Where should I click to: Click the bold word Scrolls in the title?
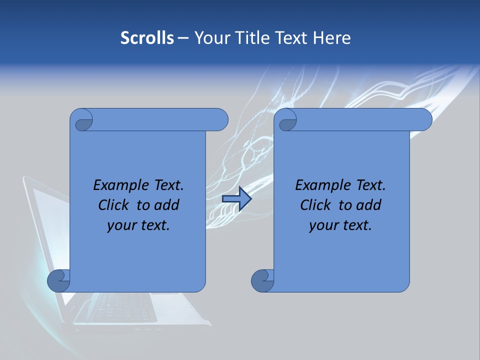pyautogui.click(x=147, y=38)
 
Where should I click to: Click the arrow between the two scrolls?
pyautogui.click(x=236, y=198)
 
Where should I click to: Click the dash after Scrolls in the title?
pyautogui.click(x=183, y=38)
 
